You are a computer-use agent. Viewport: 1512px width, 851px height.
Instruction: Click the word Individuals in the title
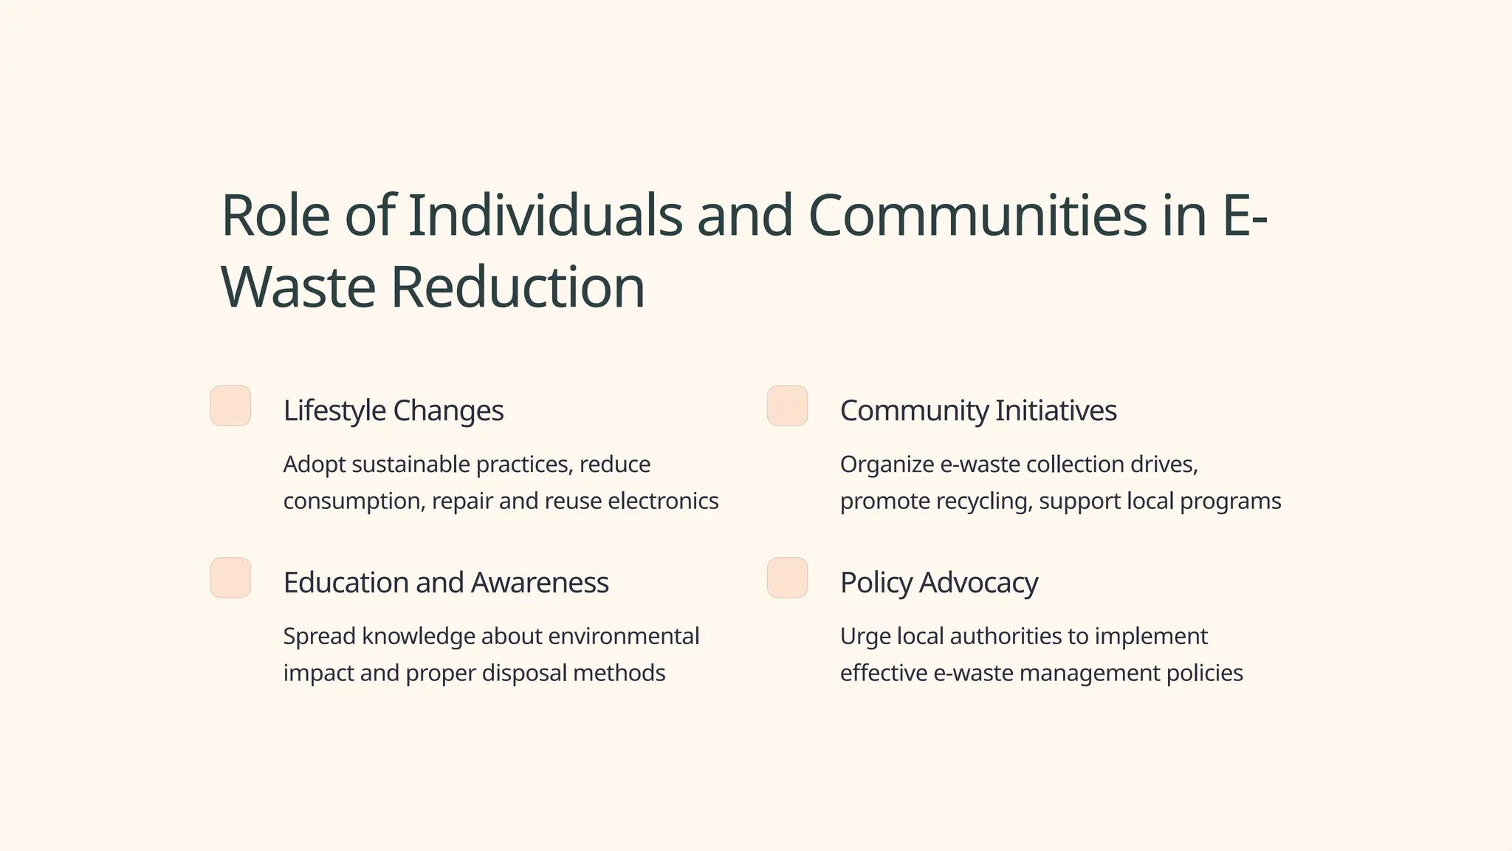(x=545, y=216)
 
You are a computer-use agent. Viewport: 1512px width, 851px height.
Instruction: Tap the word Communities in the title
(x=977, y=216)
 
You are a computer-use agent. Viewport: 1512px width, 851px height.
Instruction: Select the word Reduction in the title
(x=518, y=287)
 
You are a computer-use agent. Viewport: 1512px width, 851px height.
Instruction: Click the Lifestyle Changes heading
(x=394, y=411)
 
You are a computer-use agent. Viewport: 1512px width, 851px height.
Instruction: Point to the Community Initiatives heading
(x=978, y=411)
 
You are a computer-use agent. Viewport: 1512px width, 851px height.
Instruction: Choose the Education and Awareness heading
(x=446, y=583)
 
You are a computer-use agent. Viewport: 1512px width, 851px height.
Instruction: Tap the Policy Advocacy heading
(x=939, y=583)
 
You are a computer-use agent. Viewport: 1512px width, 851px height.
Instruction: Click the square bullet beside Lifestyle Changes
(x=230, y=406)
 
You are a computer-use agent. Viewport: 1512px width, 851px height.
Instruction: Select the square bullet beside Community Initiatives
(x=787, y=406)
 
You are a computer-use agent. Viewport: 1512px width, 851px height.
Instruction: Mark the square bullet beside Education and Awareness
(x=230, y=578)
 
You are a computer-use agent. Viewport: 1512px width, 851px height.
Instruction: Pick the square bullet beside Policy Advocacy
(x=787, y=578)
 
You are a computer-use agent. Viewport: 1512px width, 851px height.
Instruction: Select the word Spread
(x=319, y=637)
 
